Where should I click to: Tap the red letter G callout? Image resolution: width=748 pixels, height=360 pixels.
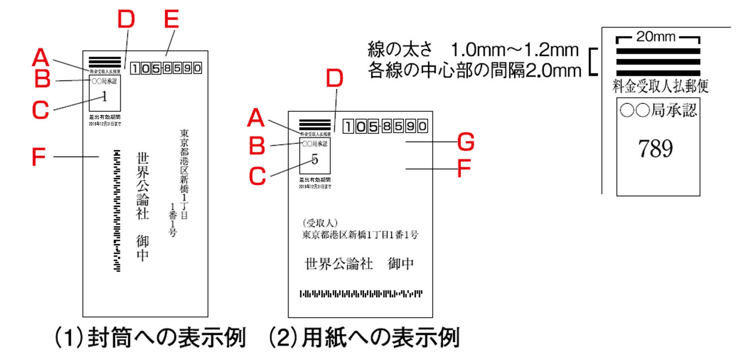(465, 142)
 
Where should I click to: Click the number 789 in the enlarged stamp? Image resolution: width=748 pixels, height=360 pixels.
(655, 149)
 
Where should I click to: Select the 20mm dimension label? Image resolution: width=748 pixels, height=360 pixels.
(657, 37)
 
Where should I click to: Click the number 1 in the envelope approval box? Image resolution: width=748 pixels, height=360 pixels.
(105, 97)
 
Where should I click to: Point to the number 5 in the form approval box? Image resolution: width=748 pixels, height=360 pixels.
(315, 159)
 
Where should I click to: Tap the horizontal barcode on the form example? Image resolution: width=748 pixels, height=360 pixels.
(361, 294)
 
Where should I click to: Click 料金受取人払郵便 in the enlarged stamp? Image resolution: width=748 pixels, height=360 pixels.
(660, 86)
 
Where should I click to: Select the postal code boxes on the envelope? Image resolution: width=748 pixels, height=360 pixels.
(166, 68)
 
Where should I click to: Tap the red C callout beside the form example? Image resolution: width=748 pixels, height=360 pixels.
(258, 175)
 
